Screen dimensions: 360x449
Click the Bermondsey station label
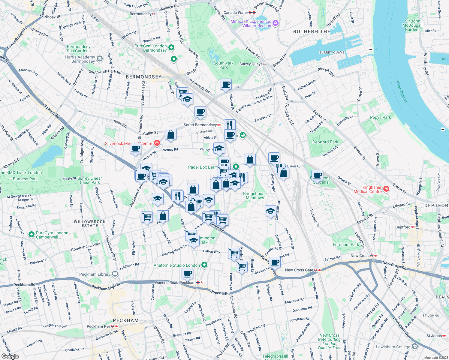pos(140,14)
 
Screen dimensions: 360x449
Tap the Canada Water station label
pos(236,13)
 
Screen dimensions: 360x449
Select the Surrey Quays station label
pos(251,64)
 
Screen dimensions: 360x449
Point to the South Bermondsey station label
pos(200,125)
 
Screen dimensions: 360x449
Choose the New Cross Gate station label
pos(299,270)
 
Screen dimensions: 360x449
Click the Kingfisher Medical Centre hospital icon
pos(386,189)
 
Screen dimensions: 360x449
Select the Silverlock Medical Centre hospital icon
pos(157,143)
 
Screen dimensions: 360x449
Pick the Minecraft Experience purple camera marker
pos(276,23)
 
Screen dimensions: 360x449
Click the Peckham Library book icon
pos(115,274)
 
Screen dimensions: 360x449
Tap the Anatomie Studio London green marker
pos(204,265)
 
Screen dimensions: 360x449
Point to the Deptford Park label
pos(325,142)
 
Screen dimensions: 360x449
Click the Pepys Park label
pos(380,117)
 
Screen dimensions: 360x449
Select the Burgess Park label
pos(25,179)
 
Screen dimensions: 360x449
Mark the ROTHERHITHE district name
pos(312,31)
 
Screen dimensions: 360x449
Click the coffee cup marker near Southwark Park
pos(226,85)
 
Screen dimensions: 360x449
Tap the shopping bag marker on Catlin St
pos(170,135)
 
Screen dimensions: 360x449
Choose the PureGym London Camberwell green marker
pos(32,235)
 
